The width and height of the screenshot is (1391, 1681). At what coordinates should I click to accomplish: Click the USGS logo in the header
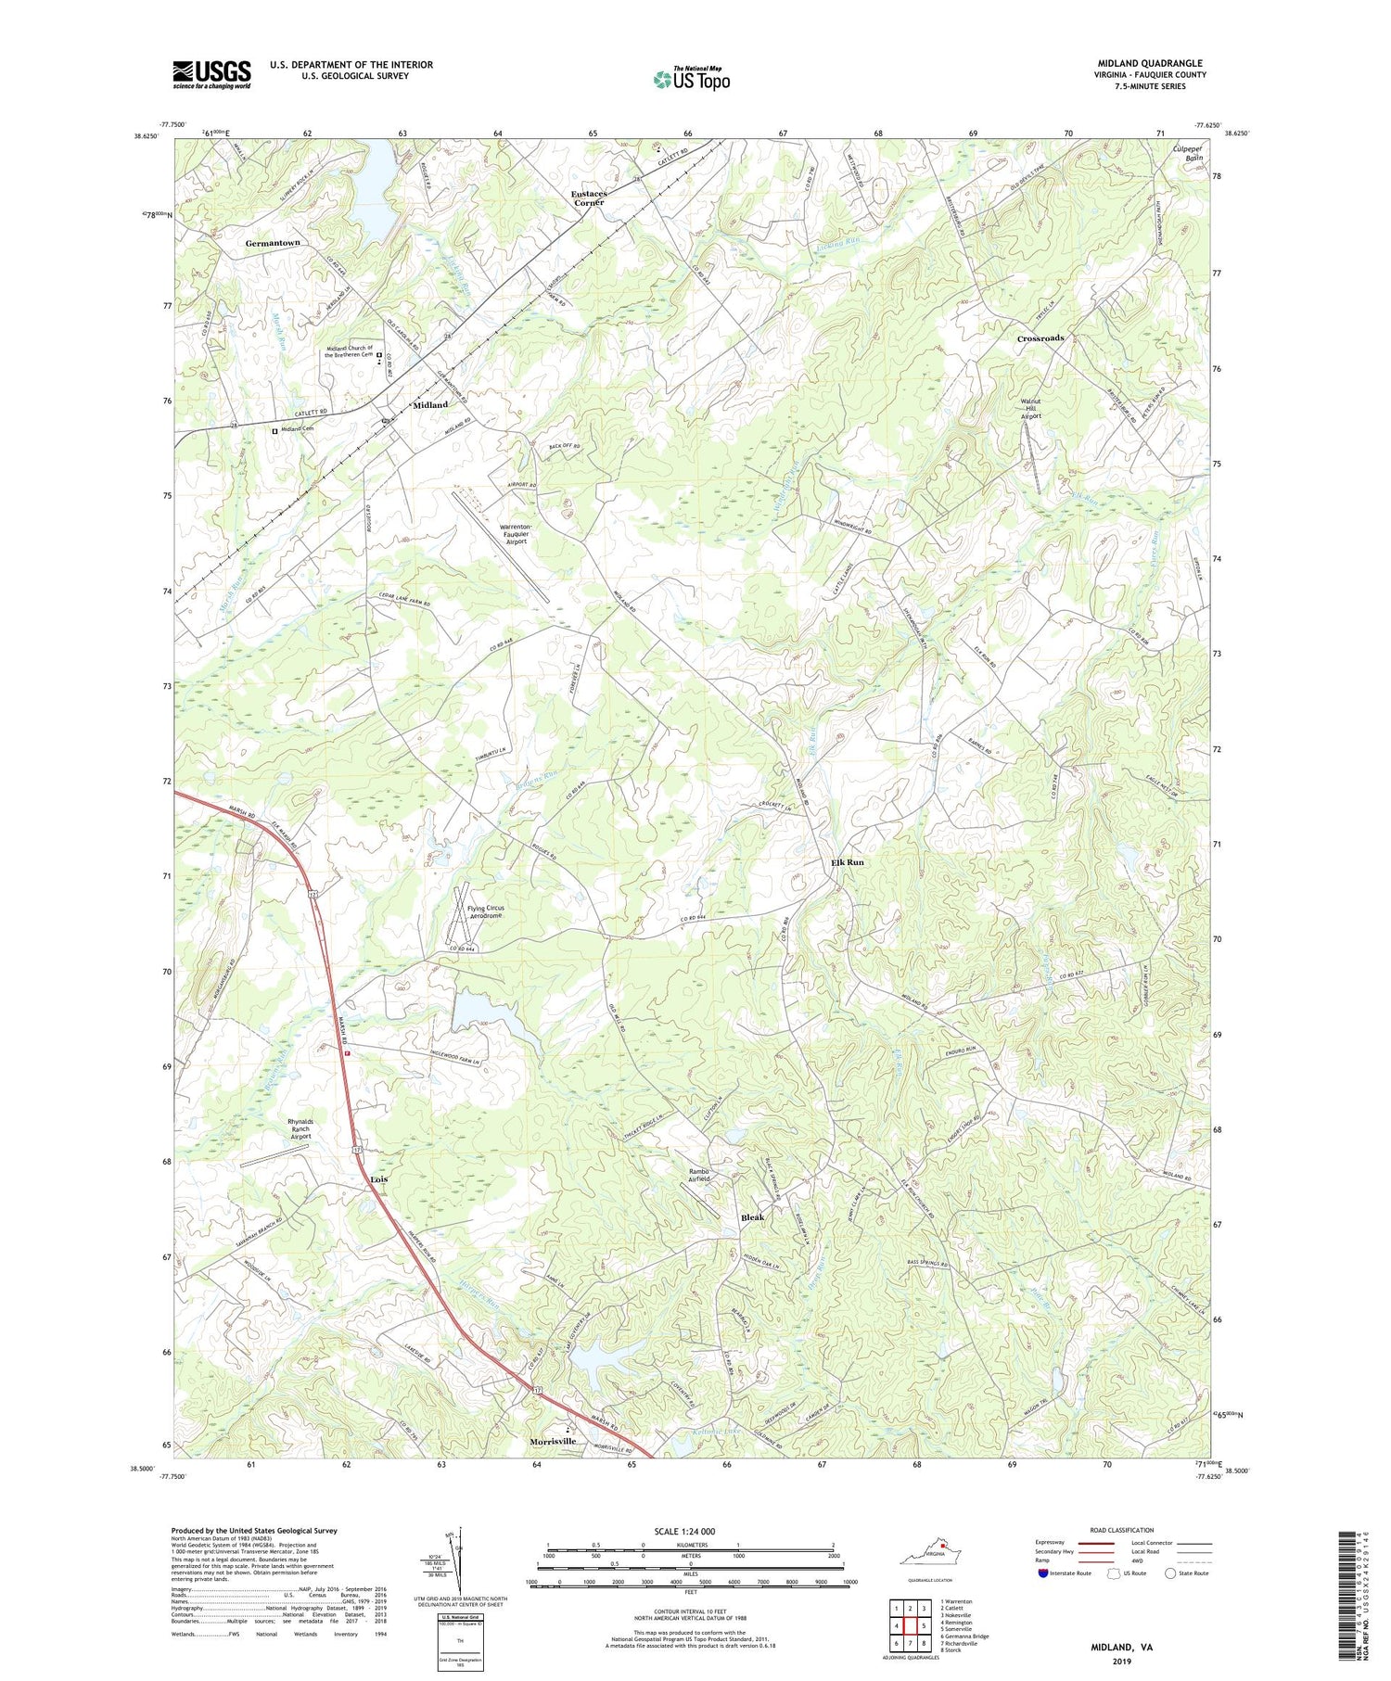point(211,74)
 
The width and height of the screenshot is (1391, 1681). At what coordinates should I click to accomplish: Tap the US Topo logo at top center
point(692,80)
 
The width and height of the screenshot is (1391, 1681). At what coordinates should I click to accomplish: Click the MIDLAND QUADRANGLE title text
point(1150,63)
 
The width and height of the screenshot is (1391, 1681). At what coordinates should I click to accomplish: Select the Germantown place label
point(273,243)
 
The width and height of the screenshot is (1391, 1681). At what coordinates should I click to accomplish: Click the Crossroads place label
point(1040,338)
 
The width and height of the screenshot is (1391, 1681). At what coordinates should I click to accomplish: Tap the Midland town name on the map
point(430,405)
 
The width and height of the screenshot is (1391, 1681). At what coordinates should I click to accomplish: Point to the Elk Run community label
point(847,862)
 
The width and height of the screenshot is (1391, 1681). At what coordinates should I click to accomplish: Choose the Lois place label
point(378,1178)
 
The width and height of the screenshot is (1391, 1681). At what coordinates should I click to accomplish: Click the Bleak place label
point(752,1217)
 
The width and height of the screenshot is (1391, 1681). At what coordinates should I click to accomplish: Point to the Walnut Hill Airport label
point(1030,409)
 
